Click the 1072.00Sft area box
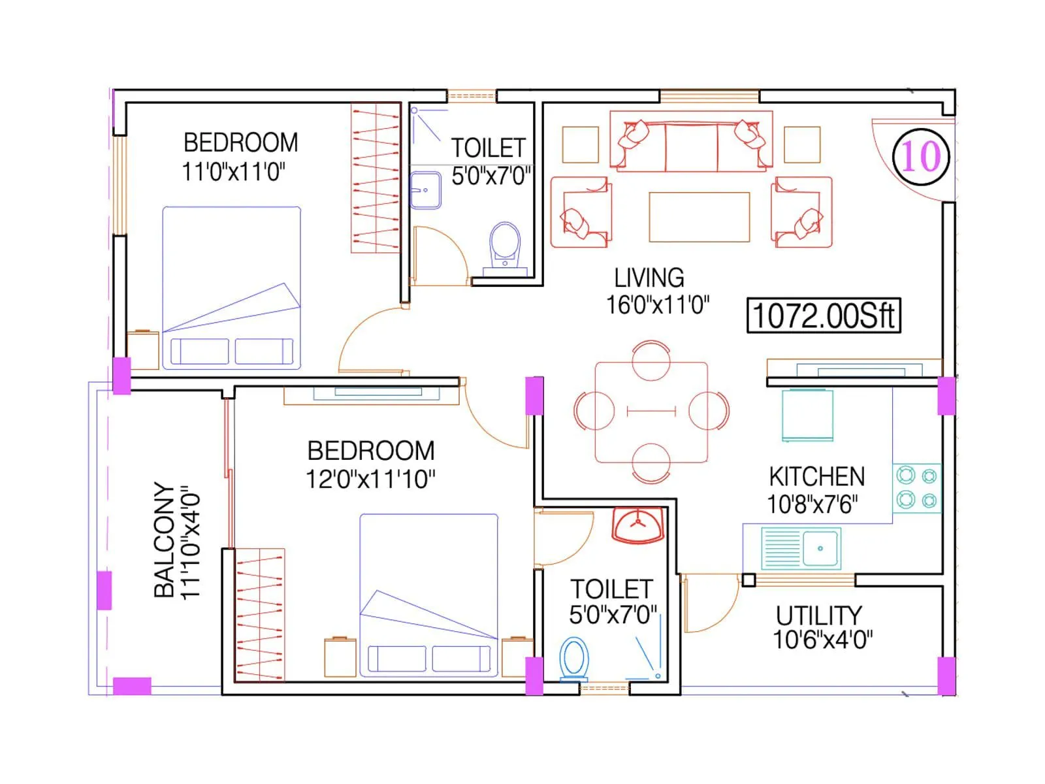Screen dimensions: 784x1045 [x=823, y=316]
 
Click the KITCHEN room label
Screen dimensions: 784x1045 [x=816, y=476]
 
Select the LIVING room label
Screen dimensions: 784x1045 [x=649, y=278]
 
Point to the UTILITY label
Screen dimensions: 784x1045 [x=818, y=615]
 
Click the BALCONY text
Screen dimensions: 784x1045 [x=164, y=540]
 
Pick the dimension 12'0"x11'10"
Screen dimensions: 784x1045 [x=370, y=480]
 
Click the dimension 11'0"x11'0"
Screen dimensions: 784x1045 [x=233, y=172]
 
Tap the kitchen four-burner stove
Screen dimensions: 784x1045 [x=917, y=488]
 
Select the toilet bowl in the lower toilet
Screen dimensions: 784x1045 [x=574, y=659]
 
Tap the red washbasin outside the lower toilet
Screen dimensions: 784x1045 [x=638, y=526]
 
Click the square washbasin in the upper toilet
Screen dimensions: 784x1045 [x=425, y=189]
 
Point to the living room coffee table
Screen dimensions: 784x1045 [x=699, y=217]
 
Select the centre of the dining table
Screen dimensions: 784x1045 [x=651, y=412]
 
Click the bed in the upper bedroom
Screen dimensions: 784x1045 [x=231, y=287]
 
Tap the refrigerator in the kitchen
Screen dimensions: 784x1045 [x=807, y=415]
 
